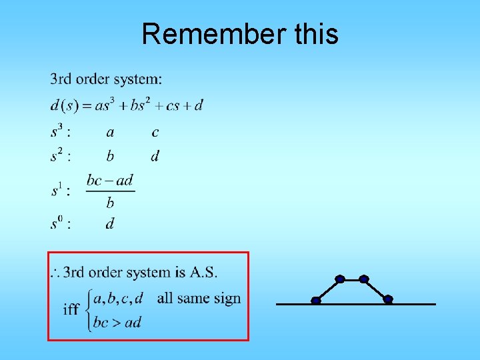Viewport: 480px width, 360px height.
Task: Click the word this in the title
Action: coord(316,34)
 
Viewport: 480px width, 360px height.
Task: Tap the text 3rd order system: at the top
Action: coord(106,79)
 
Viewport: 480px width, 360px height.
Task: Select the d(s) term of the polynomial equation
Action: coord(65,105)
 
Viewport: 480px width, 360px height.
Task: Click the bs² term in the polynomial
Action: coord(141,105)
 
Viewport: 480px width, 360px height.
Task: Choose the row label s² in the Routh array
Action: coord(60,156)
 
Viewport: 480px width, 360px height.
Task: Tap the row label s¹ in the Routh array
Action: coord(60,191)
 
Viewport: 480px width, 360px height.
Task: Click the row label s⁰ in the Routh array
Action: coord(60,223)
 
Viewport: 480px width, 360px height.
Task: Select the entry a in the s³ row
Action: coord(110,133)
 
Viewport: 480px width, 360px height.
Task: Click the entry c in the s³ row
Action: coord(155,133)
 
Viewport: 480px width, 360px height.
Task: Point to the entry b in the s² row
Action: coord(110,156)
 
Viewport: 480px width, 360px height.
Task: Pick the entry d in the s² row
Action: coord(155,156)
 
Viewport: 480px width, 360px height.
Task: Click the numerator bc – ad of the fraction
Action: coord(110,180)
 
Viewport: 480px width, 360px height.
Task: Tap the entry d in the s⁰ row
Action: coord(110,223)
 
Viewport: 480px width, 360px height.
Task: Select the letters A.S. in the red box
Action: coord(203,272)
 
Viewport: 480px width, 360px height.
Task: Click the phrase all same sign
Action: coord(199,298)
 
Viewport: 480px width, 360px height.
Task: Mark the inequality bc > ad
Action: coord(117,323)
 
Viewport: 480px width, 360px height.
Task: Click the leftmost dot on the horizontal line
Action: coord(316,301)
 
